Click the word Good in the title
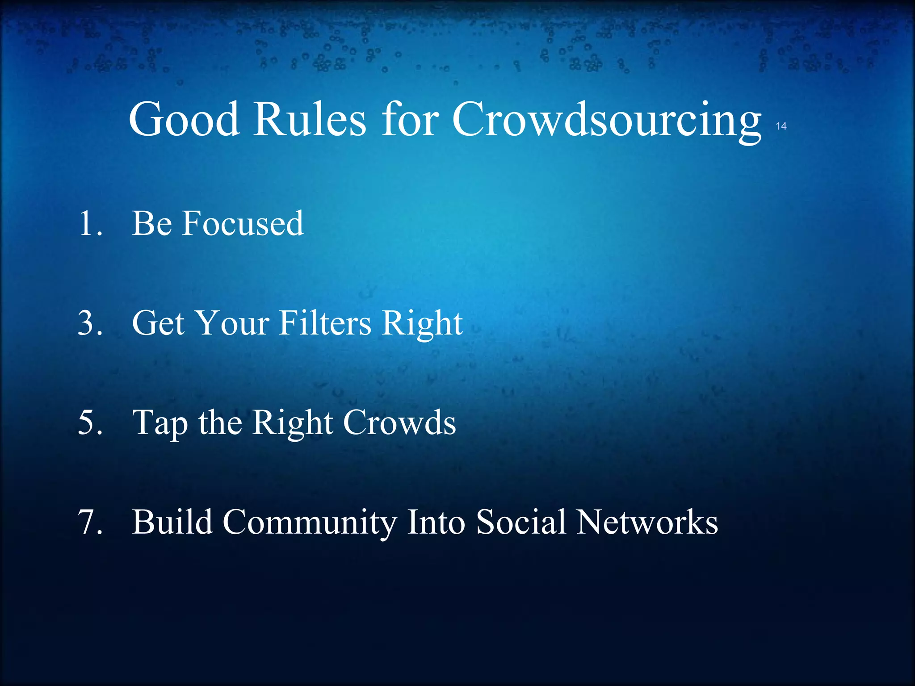(184, 120)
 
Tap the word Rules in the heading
(310, 120)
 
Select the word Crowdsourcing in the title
(606, 120)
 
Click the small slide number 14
(781, 126)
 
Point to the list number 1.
(89, 223)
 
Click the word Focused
(243, 223)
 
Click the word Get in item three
(158, 323)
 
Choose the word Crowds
(399, 422)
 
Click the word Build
(172, 522)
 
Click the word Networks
(647, 522)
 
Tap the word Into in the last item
(436, 522)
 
